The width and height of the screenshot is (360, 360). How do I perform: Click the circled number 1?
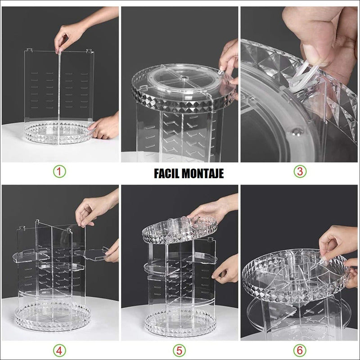pos(59,171)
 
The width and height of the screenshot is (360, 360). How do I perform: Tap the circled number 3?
pos(300,171)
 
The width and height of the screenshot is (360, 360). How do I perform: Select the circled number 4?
pos(59,351)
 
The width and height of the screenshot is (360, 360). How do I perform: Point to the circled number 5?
pos(179,351)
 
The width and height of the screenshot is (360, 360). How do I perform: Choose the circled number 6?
pos(300,351)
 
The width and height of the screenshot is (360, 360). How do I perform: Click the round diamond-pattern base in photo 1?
pos(58,133)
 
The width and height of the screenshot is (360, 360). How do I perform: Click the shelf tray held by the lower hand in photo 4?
pos(92,254)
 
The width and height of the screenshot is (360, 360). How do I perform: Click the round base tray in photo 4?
pos(52,316)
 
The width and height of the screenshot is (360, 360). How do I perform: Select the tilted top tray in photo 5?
pos(179,230)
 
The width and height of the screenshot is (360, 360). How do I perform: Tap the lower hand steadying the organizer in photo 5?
pos(225,269)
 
